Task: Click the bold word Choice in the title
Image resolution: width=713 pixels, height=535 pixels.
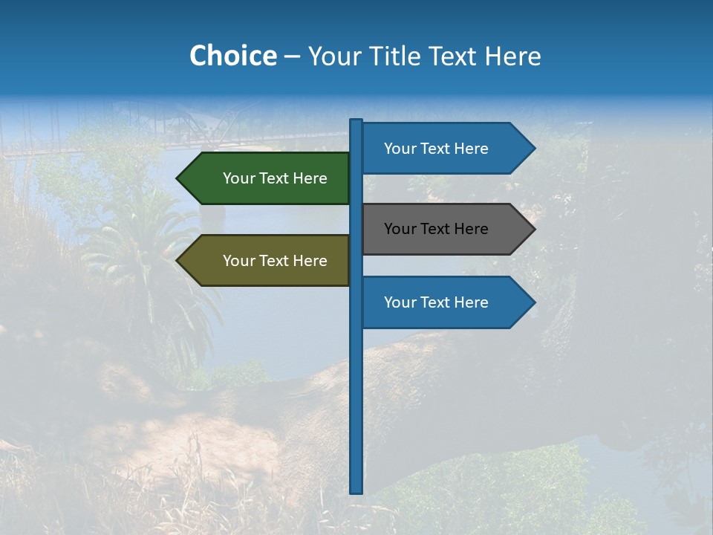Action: tap(232, 56)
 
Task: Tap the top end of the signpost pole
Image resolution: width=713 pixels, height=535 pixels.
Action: tap(356, 121)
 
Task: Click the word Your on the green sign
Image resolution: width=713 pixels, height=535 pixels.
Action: tap(238, 178)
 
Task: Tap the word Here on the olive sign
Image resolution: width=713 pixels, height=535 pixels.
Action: tap(310, 261)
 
